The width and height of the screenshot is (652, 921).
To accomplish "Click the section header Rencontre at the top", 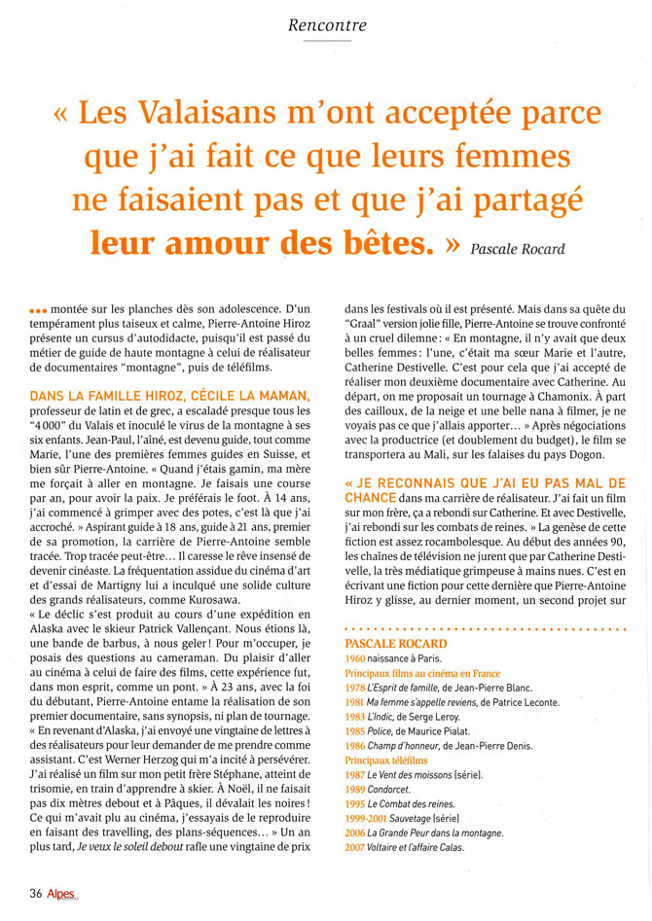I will tap(326, 24).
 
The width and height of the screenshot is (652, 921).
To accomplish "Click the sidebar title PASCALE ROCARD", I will tap(396, 644).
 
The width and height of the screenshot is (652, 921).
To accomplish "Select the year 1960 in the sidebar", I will tap(356, 658).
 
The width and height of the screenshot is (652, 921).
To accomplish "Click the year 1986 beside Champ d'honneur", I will tap(356, 745).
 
